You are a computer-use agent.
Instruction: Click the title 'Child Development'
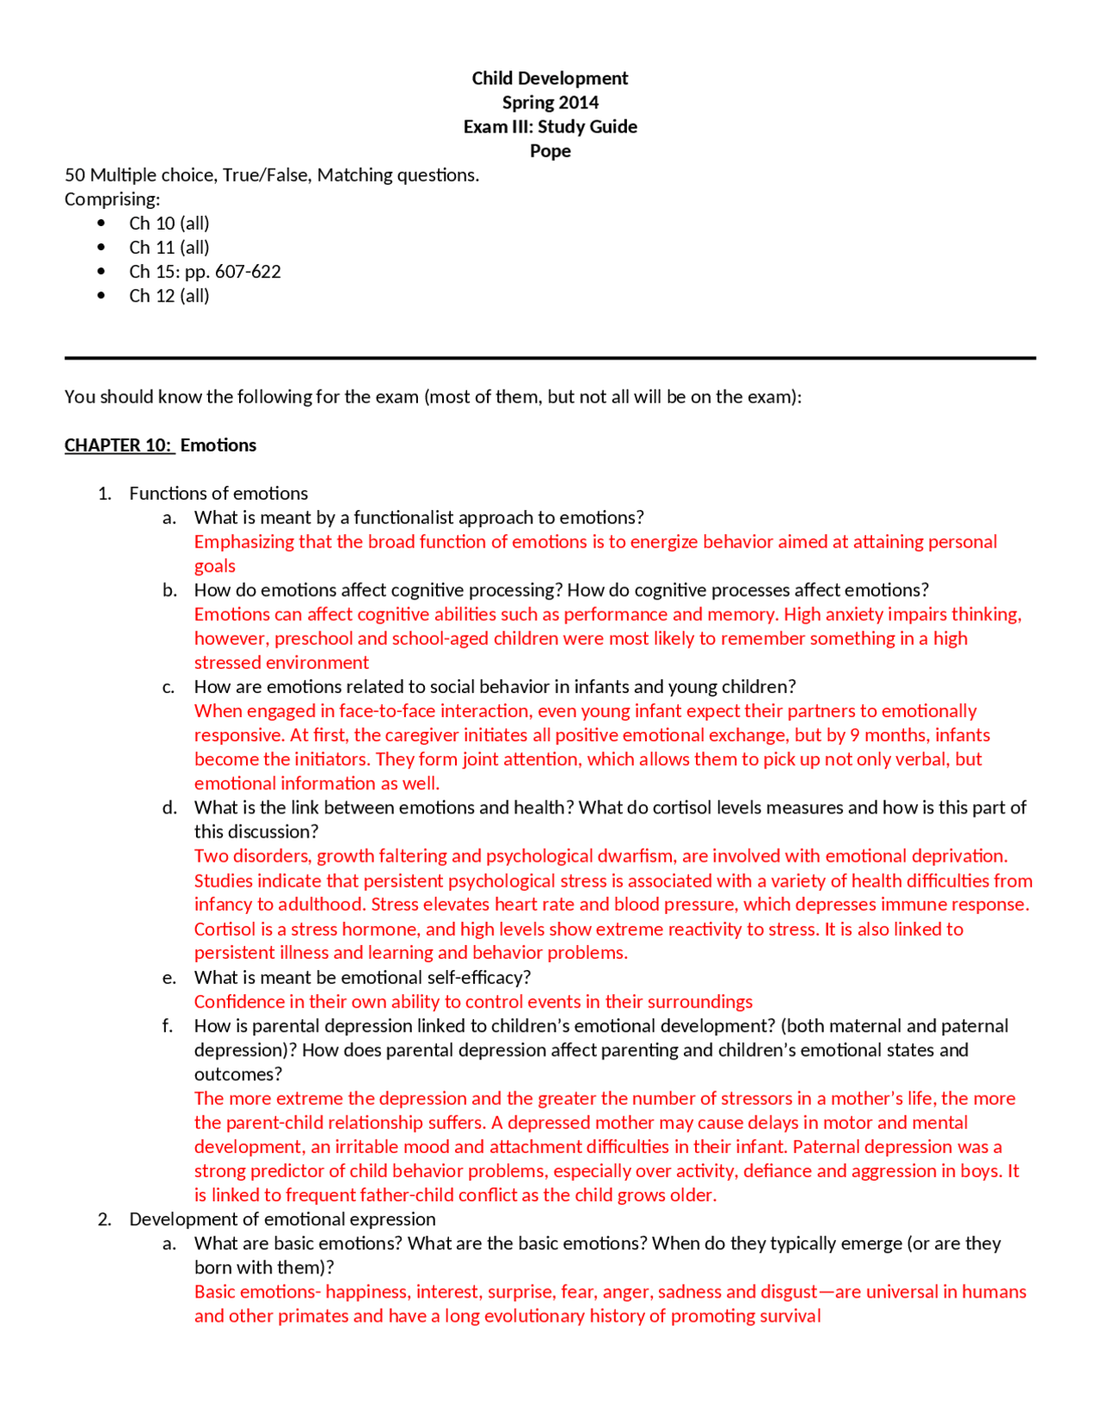pyautogui.click(x=550, y=78)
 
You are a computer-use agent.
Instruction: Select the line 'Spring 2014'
pyautogui.click(x=550, y=102)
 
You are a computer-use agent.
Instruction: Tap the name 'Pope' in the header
pyautogui.click(x=550, y=150)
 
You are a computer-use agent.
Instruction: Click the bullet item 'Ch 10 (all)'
pyautogui.click(x=169, y=223)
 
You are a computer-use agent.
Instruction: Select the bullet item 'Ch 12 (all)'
pyautogui.click(x=169, y=296)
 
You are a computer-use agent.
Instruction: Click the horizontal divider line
pyautogui.click(x=550, y=358)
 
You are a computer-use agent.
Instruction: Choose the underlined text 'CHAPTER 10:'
pyautogui.click(x=118, y=445)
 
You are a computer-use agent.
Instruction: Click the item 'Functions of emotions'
pyautogui.click(x=218, y=494)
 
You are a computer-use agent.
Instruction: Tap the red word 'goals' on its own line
pyautogui.click(x=214, y=566)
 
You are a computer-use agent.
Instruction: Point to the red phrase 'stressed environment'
pyautogui.click(x=281, y=662)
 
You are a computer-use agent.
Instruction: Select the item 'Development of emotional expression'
pyautogui.click(x=282, y=1219)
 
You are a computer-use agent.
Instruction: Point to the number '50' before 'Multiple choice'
pyautogui.click(x=75, y=175)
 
